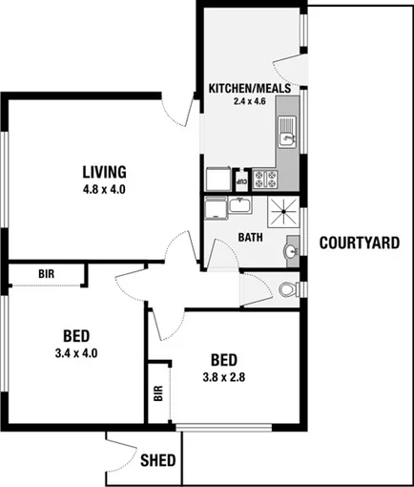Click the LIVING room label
point(104,172)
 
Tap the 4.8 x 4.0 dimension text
point(105,189)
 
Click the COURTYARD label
point(359,243)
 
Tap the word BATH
point(251,237)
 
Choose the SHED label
point(158,460)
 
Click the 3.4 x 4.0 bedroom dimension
point(77,352)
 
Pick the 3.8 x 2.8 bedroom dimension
point(223,376)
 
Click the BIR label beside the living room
point(46,274)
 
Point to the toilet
point(290,287)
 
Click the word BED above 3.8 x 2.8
point(223,360)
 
